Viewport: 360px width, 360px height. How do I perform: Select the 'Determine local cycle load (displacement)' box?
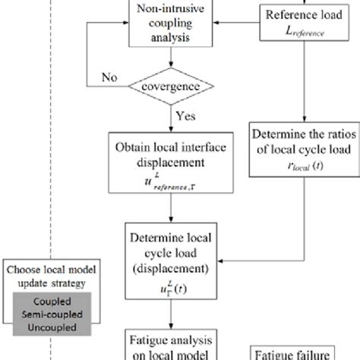point(168,251)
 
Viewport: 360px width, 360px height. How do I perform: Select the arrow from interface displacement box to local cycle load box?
point(167,210)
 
